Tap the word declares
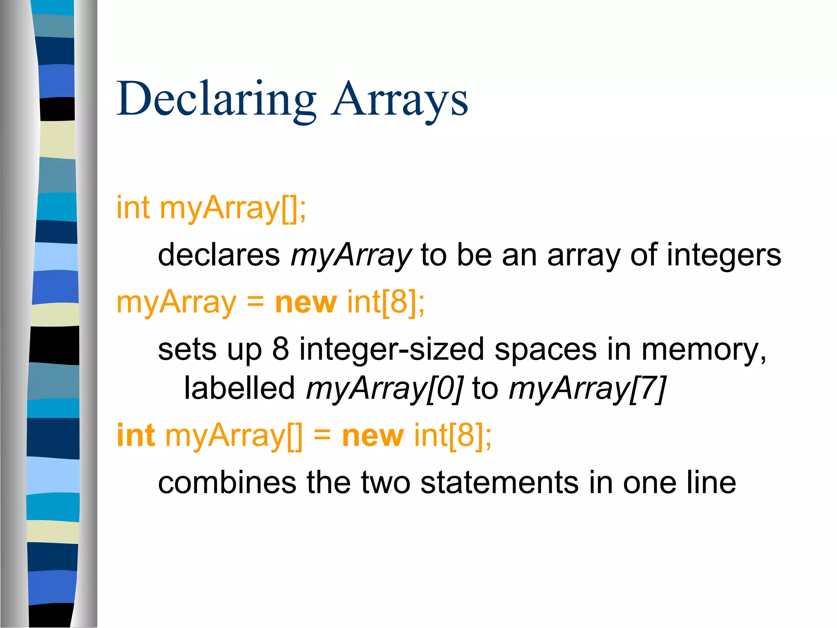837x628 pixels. click(219, 255)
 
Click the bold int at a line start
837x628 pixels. click(136, 435)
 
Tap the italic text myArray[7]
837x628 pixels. click(587, 388)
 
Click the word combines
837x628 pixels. click(227, 483)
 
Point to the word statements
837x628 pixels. click(499, 483)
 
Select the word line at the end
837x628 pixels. click(711, 483)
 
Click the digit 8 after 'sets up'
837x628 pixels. click(280, 350)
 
